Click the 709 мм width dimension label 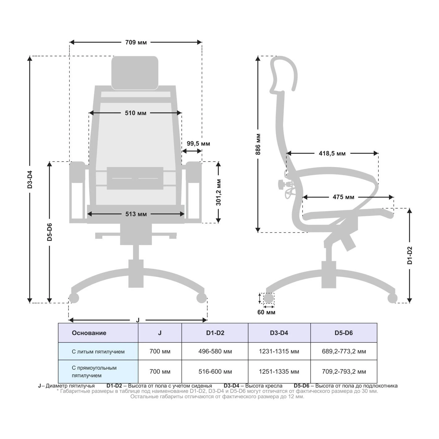click(x=136, y=42)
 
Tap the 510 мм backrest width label click(x=136, y=113)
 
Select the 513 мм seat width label click(x=136, y=214)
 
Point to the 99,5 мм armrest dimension click(x=198, y=144)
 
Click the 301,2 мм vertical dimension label click(x=218, y=192)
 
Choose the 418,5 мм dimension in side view click(x=332, y=153)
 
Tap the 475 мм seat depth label click(x=343, y=197)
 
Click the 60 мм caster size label click(x=266, y=312)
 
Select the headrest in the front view click(x=135, y=73)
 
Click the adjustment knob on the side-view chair click(x=281, y=184)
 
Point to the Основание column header click(x=89, y=333)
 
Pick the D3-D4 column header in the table click(x=279, y=333)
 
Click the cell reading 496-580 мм click(x=215, y=351)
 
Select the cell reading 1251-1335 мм click(x=279, y=372)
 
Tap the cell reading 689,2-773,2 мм click(x=344, y=351)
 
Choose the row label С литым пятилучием click(x=98, y=351)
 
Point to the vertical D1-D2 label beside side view click(x=410, y=255)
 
